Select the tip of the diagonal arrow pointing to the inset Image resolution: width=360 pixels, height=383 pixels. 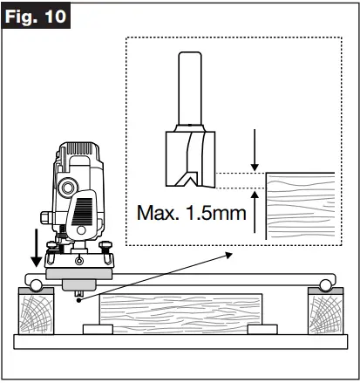(x=233, y=254)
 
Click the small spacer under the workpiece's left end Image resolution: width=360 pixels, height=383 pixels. (x=97, y=331)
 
